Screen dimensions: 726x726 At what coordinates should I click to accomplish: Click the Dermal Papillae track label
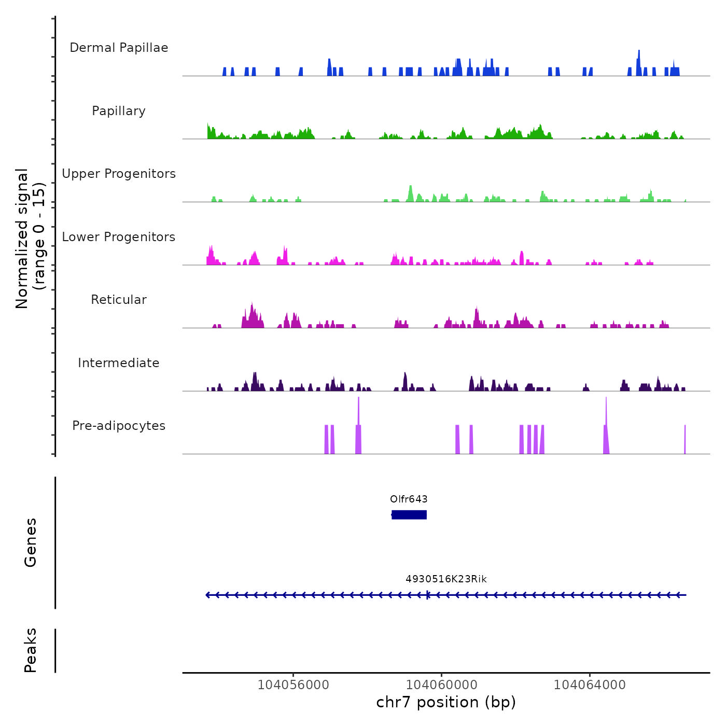[x=119, y=48]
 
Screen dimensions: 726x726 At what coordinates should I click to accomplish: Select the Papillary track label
[x=119, y=111]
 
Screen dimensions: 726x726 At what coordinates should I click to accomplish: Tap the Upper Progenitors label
[x=119, y=174]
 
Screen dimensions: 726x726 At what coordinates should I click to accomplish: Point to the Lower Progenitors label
[x=119, y=237]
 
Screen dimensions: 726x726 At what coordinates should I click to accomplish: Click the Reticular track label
[x=119, y=300]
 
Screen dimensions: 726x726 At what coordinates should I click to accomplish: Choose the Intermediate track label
[x=119, y=363]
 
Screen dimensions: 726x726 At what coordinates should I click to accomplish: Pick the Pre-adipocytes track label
[x=119, y=426]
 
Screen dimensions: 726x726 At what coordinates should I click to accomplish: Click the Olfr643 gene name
[x=409, y=499]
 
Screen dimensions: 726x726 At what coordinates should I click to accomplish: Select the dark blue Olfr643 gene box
[x=409, y=514]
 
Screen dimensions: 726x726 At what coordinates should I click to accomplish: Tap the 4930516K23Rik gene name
[x=446, y=579]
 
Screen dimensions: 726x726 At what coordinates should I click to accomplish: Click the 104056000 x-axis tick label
[x=294, y=685]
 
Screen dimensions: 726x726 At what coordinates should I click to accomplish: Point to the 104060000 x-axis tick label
[x=441, y=685]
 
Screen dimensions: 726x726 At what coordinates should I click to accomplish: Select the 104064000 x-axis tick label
[x=590, y=685]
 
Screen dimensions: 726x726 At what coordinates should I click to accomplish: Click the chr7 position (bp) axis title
[x=446, y=702]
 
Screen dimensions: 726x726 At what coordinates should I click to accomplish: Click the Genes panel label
[x=31, y=542]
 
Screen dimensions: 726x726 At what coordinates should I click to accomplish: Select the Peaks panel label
[x=31, y=650]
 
